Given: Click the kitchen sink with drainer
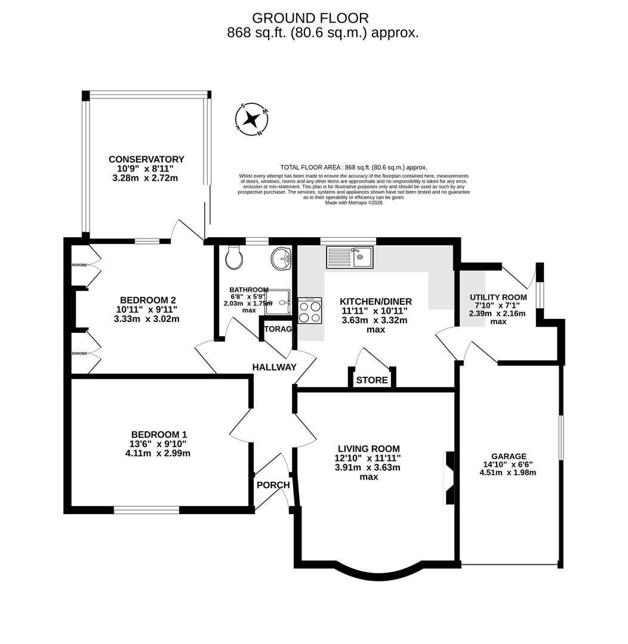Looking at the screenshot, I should point(349,257).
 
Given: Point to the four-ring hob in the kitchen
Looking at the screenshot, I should point(310,311).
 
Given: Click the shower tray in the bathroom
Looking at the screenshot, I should point(278,302).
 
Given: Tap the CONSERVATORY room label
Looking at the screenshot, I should point(146,159).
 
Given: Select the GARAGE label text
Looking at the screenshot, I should point(509,456).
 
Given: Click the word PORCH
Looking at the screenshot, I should point(273,485).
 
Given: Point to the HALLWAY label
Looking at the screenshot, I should point(274,367).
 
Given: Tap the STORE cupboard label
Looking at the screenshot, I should point(372,380).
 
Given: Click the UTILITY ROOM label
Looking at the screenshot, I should point(498,297).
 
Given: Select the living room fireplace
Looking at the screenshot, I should point(449,478).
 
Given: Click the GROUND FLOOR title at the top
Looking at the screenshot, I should point(310,18).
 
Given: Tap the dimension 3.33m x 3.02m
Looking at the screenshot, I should point(146,318).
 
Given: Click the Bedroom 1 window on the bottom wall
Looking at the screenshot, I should point(146,510).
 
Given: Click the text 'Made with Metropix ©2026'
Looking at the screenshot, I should point(353,203).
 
